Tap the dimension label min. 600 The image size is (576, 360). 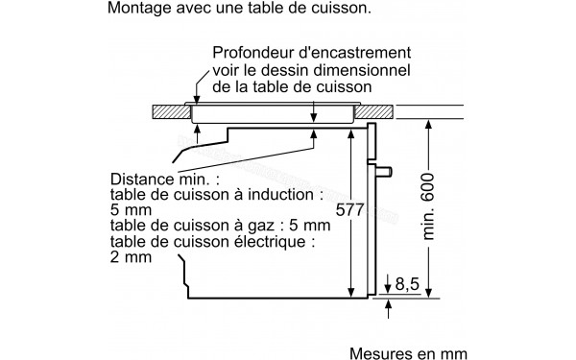point(429,208)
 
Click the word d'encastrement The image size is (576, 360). point(353,50)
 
